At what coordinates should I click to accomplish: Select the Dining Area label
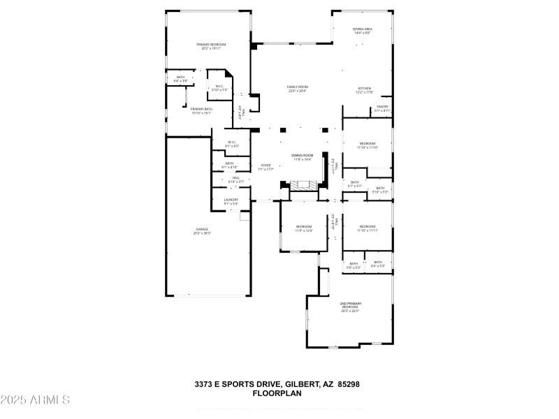(x=362, y=31)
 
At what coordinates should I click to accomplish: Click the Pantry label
(x=382, y=108)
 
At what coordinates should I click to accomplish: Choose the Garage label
(x=202, y=230)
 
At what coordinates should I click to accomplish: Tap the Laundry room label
(x=231, y=201)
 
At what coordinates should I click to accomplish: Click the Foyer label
(x=265, y=167)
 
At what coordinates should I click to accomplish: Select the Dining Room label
(x=302, y=157)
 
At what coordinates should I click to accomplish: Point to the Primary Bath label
(x=201, y=110)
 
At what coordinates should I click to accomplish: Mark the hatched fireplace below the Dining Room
(x=303, y=186)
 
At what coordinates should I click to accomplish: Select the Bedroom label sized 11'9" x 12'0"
(x=304, y=228)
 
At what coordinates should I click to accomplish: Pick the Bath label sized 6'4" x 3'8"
(x=181, y=79)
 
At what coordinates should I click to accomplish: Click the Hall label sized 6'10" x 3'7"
(x=235, y=179)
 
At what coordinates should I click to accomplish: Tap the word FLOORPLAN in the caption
(x=277, y=394)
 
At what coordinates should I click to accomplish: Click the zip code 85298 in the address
(x=347, y=384)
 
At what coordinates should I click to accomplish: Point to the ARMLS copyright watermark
(x=35, y=400)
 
